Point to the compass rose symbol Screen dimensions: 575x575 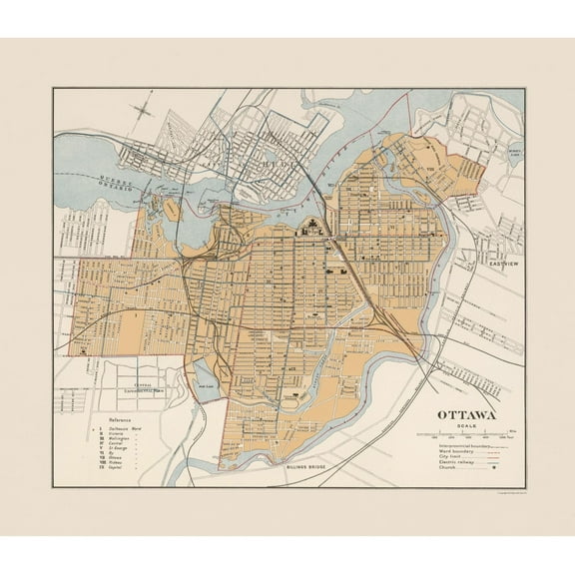tap(145, 106)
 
